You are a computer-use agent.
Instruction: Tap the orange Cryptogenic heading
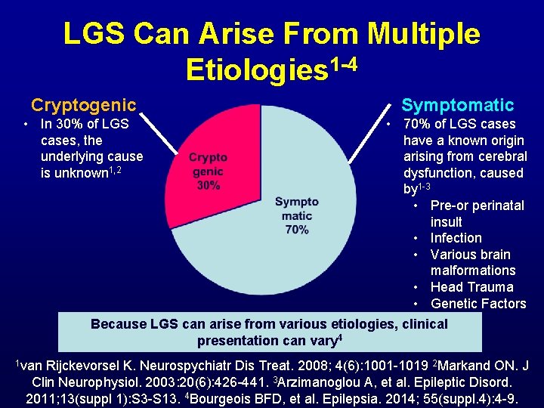83,105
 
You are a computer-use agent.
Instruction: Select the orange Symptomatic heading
457,105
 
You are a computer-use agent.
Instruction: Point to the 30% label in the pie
208,186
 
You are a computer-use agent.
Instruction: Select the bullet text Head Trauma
471,287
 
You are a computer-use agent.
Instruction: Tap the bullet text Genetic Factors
478,304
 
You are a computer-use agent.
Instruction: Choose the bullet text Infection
456,238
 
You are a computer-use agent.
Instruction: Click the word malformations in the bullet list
473,270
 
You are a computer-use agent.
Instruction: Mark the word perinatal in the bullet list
496,206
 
